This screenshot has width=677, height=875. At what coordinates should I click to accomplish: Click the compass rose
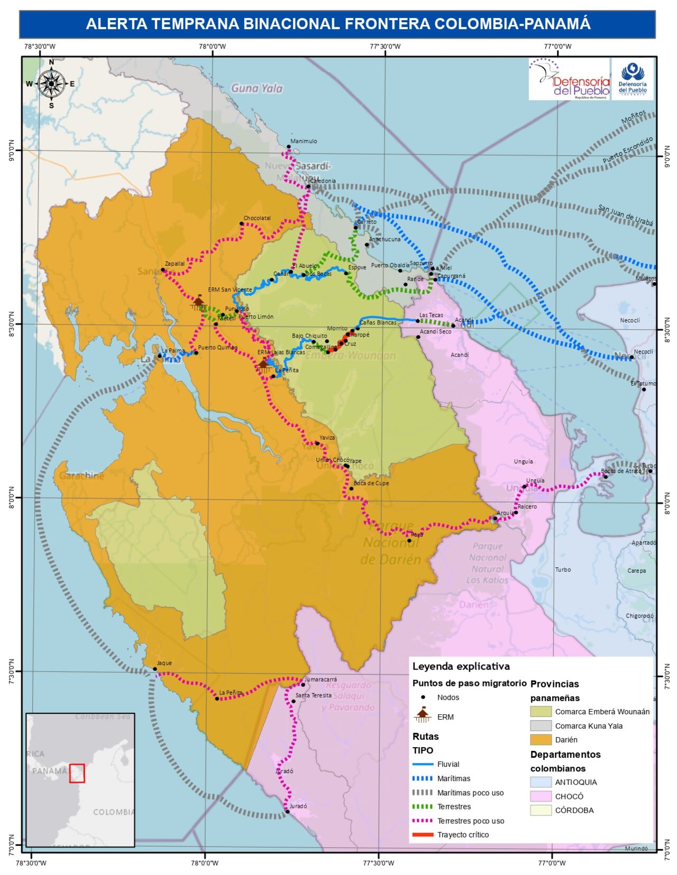51,83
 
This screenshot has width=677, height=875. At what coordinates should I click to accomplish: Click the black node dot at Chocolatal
242,224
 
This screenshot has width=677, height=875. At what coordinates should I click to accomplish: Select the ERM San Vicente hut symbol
199,302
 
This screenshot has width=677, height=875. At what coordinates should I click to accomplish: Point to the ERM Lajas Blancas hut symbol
263,364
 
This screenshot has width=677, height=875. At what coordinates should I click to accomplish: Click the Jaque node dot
155,669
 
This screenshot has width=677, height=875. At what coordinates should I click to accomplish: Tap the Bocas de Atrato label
621,471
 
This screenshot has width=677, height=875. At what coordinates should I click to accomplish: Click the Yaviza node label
327,437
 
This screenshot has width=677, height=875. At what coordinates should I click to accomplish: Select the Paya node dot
409,541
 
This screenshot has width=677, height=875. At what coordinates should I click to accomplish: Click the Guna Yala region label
257,88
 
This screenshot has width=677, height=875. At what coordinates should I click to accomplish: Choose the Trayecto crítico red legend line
423,835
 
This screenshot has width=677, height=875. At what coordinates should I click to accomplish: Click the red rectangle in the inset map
77,772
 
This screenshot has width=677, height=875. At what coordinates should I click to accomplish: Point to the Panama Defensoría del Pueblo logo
569,79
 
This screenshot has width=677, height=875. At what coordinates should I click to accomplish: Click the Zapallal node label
175,263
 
